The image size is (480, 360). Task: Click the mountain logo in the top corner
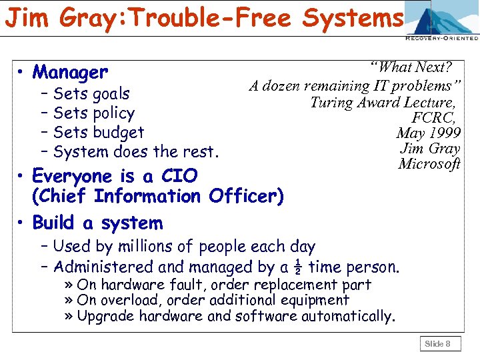(x=442, y=19)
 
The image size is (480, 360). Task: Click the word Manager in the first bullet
(x=69, y=72)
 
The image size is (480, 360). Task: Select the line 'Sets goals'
(x=91, y=94)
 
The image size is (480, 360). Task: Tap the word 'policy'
(x=112, y=113)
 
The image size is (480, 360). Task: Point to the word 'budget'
(x=118, y=133)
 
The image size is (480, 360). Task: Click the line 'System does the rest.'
(x=136, y=152)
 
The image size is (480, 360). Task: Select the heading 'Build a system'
(x=97, y=223)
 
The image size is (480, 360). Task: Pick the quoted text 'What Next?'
(x=413, y=67)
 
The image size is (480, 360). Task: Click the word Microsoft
(x=429, y=164)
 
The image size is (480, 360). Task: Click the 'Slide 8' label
(x=438, y=344)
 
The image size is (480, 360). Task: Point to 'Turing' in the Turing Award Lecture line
(x=331, y=102)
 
